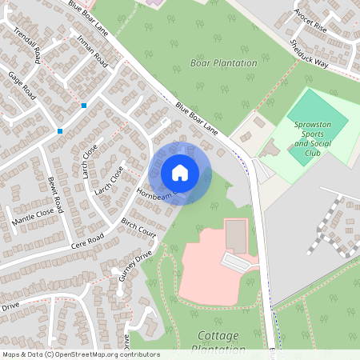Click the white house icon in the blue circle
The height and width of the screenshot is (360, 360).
(x=180, y=172)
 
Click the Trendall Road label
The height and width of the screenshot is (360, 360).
(x=29, y=44)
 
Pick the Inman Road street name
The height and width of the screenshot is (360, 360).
(x=89, y=49)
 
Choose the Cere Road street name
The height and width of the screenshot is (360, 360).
(x=87, y=239)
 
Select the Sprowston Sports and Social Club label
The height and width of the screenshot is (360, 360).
(x=312, y=138)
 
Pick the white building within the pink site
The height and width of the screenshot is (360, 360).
(x=236, y=261)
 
